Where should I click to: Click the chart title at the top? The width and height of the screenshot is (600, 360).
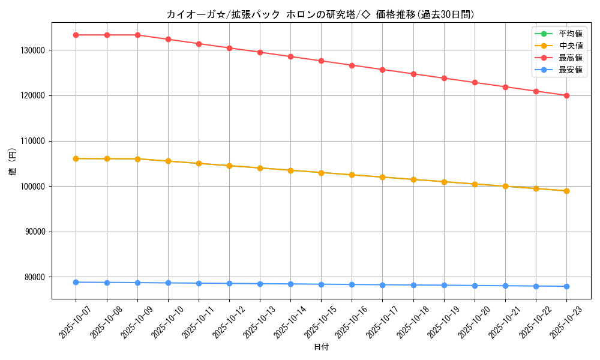[x=320, y=14]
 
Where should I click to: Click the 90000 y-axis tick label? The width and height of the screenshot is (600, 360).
[x=35, y=232]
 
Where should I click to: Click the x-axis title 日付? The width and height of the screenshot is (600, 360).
[x=321, y=347]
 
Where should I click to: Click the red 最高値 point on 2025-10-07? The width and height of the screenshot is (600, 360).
[x=76, y=35]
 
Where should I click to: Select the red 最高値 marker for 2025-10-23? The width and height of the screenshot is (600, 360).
[x=566, y=95]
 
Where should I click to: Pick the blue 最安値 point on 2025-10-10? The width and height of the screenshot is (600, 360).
[x=168, y=283]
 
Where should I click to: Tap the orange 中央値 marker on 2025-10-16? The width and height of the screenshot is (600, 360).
[x=352, y=175]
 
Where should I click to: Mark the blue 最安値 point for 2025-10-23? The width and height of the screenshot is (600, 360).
[x=566, y=286]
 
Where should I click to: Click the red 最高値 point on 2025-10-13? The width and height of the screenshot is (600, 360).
[x=260, y=52]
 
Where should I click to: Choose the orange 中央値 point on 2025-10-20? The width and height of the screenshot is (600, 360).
[x=475, y=184]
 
